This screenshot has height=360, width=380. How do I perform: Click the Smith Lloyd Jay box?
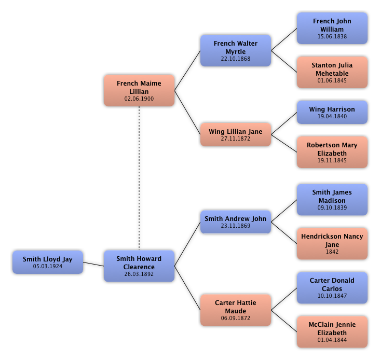click(48, 262)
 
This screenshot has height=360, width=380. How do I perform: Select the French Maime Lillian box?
click(139, 90)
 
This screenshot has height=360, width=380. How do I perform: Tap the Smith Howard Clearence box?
click(139, 266)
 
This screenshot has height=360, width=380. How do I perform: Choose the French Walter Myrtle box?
click(236, 50)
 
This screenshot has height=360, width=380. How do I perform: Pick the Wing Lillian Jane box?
click(236, 134)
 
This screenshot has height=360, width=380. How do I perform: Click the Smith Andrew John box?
click(236, 222)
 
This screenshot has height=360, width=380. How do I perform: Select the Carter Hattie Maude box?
click(236, 310)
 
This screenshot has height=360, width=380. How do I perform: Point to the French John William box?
click(332, 28)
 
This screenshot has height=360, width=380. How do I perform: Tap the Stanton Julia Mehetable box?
click(332, 72)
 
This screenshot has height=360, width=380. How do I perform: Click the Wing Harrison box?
click(332, 112)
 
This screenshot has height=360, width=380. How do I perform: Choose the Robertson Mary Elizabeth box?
click(332, 152)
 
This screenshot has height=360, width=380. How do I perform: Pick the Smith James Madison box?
click(332, 199)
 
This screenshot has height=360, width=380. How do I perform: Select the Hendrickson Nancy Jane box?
click(332, 243)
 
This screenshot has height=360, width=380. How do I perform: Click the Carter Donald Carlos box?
click(332, 287)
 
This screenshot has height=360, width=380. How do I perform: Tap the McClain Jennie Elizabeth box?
click(332, 331)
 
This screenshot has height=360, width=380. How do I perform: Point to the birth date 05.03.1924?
click(48, 266)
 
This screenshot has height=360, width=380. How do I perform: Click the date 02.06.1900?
click(139, 99)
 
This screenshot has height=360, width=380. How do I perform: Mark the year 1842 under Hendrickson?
click(332, 252)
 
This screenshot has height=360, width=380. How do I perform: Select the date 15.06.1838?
click(332, 37)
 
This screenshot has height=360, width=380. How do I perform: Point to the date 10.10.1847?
click(332, 296)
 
